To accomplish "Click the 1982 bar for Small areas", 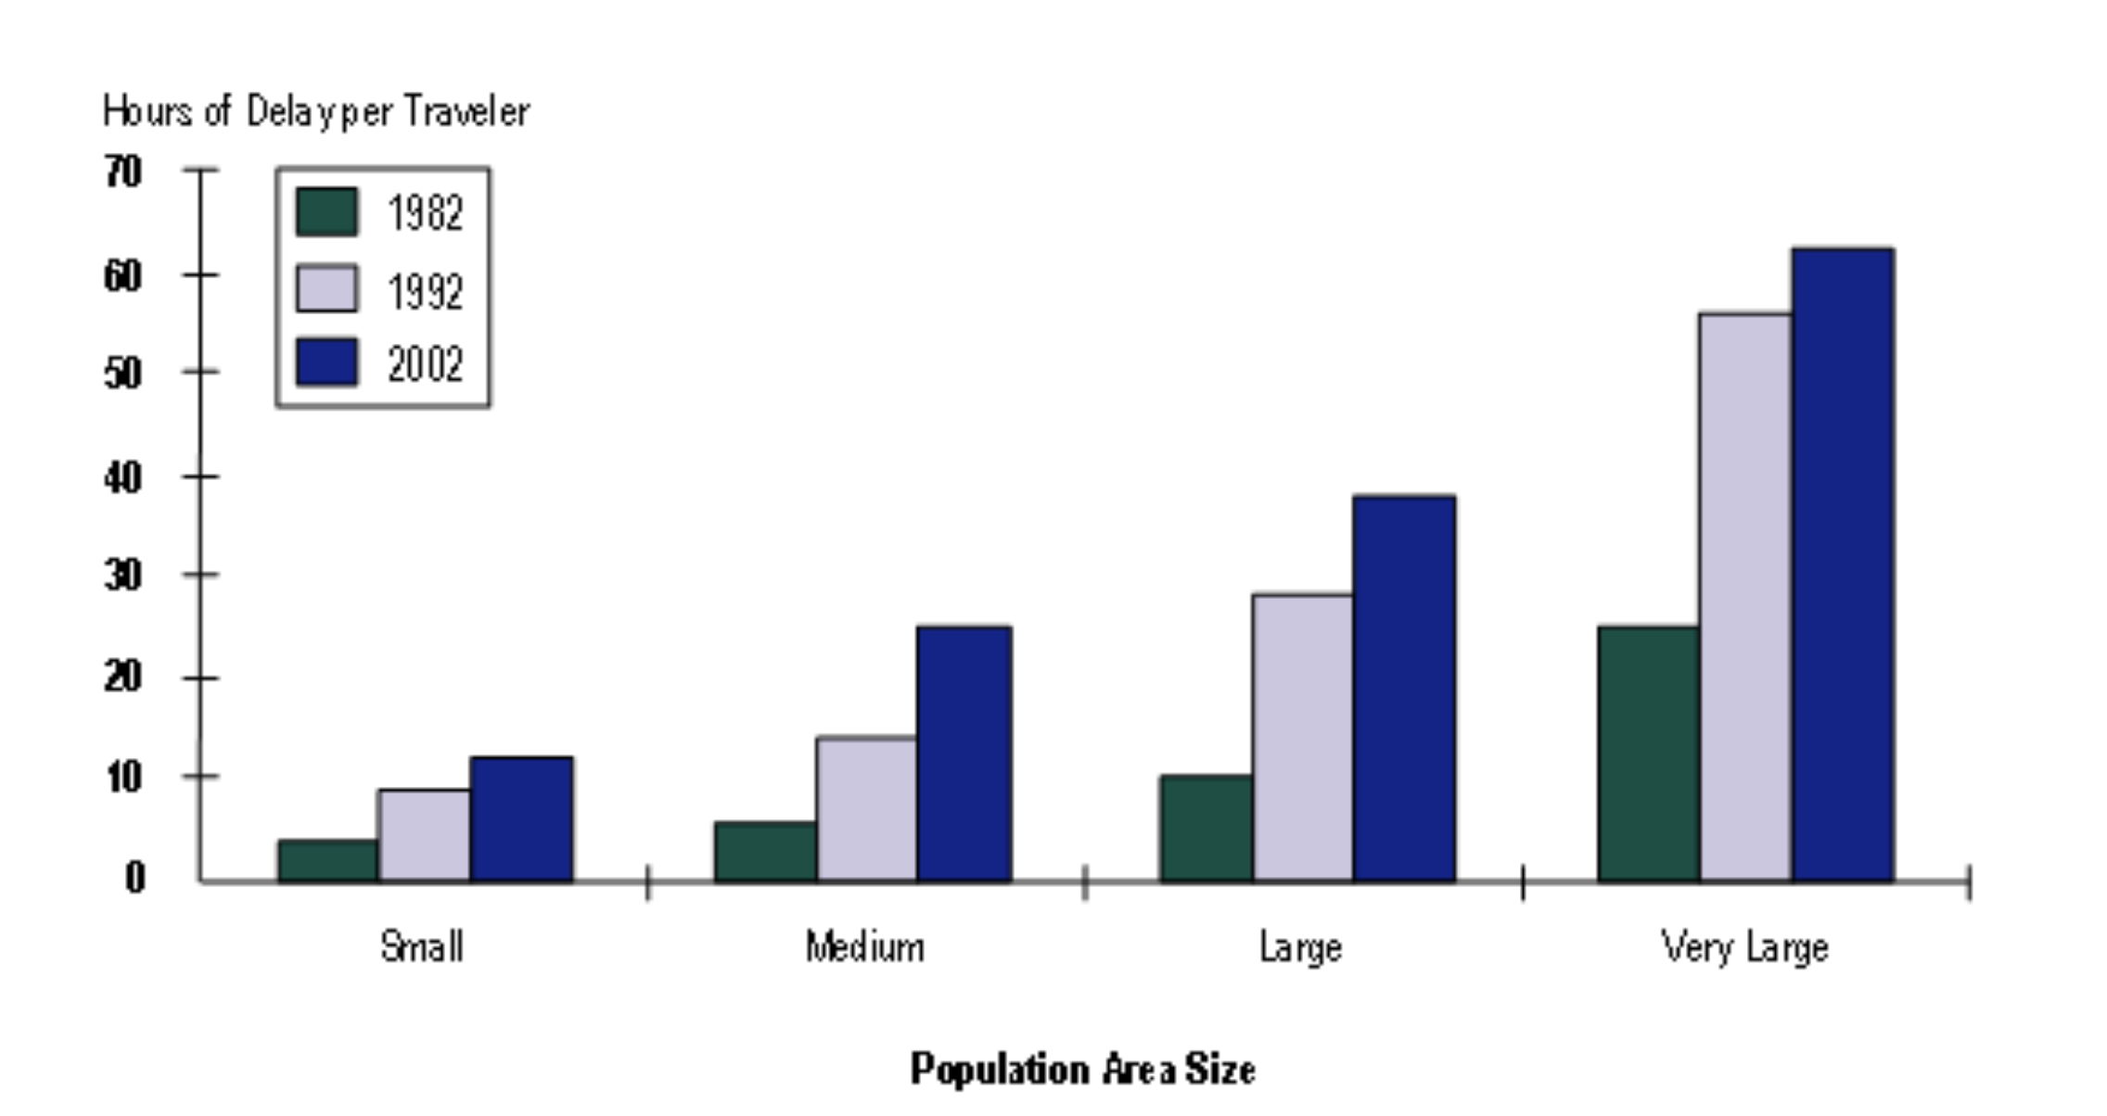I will click(328, 860).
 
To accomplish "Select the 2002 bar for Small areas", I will click(521, 819).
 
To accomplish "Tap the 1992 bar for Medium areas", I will click(866, 809).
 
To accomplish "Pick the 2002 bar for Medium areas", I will click(964, 754).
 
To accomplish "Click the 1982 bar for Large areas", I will click(1206, 828).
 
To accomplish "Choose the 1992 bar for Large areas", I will click(1302, 738).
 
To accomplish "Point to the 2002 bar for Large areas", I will click(1403, 689).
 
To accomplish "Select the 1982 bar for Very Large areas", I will click(1648, 754).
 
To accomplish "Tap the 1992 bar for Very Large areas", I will click(1744, 598).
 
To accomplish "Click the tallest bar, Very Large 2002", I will click(1842, 564).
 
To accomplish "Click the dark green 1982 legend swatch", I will click(326, 212).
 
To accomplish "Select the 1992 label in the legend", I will click(425, 292).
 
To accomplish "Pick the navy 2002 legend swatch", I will click(326, 361).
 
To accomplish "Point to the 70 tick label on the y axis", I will click(123, 172).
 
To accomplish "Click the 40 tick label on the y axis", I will click(123, 478).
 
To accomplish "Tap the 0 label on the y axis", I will click(135, 877).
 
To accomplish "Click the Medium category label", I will click(864, 947).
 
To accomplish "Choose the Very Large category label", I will click(1744, 947).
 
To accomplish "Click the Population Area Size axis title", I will click(1082, 1069).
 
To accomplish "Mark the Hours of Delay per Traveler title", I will click(316, 112).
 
